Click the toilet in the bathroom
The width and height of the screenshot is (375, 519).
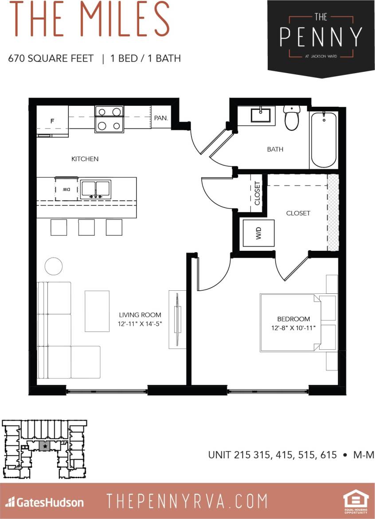coord(292,118)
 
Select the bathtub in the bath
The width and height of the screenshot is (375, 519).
coord(324,139)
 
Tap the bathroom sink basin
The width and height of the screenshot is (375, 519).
coord(260,115)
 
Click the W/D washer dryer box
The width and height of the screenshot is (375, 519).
coord(258,233)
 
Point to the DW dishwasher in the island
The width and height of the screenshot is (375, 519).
coord(66,189)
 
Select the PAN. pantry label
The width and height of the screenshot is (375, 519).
coord(161,118)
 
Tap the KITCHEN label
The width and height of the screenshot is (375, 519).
coord(85,159)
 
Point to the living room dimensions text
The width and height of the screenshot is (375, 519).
coord(140,324)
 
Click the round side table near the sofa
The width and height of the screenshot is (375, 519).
coord(55,266)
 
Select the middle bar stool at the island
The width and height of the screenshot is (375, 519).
coord(86,227)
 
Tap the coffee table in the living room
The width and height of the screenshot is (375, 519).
coord(97,311)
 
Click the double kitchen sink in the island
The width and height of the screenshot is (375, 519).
coord(95,189)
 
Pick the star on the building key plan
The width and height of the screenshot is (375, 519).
coord(45,446)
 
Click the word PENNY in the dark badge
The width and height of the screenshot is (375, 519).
coord(321,37)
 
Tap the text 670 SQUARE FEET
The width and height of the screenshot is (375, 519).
coord(51,59)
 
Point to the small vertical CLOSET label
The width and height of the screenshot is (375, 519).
coord(258,194)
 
